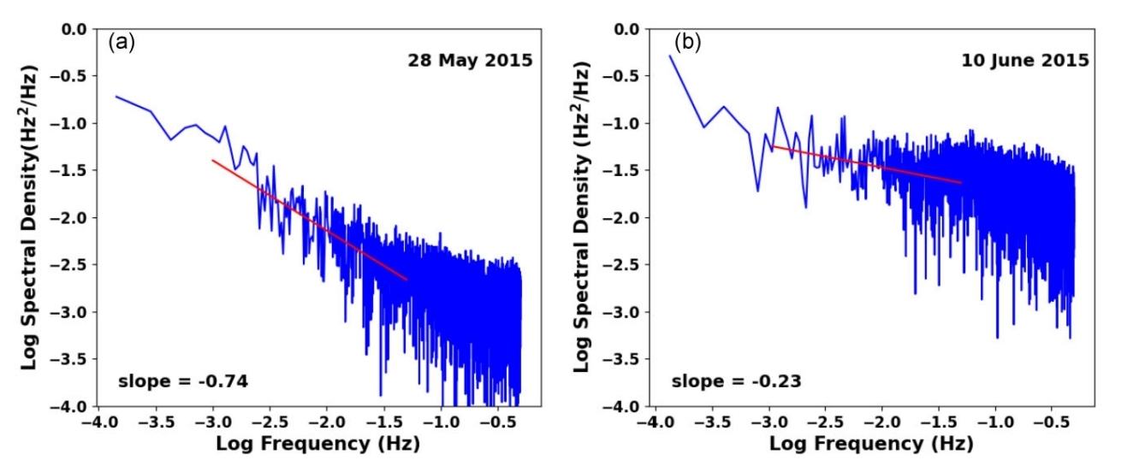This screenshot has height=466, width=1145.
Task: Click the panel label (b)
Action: point(687,42)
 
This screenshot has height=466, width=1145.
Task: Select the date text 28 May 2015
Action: point(469,61)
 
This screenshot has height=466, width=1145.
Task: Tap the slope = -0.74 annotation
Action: point(183,381)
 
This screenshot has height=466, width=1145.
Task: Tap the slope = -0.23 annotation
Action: point(736,381)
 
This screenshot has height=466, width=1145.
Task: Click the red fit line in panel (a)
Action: point(310,220)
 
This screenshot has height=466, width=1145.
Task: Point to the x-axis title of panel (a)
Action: point(317,445)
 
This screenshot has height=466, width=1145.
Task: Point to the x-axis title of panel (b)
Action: point(871,445)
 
